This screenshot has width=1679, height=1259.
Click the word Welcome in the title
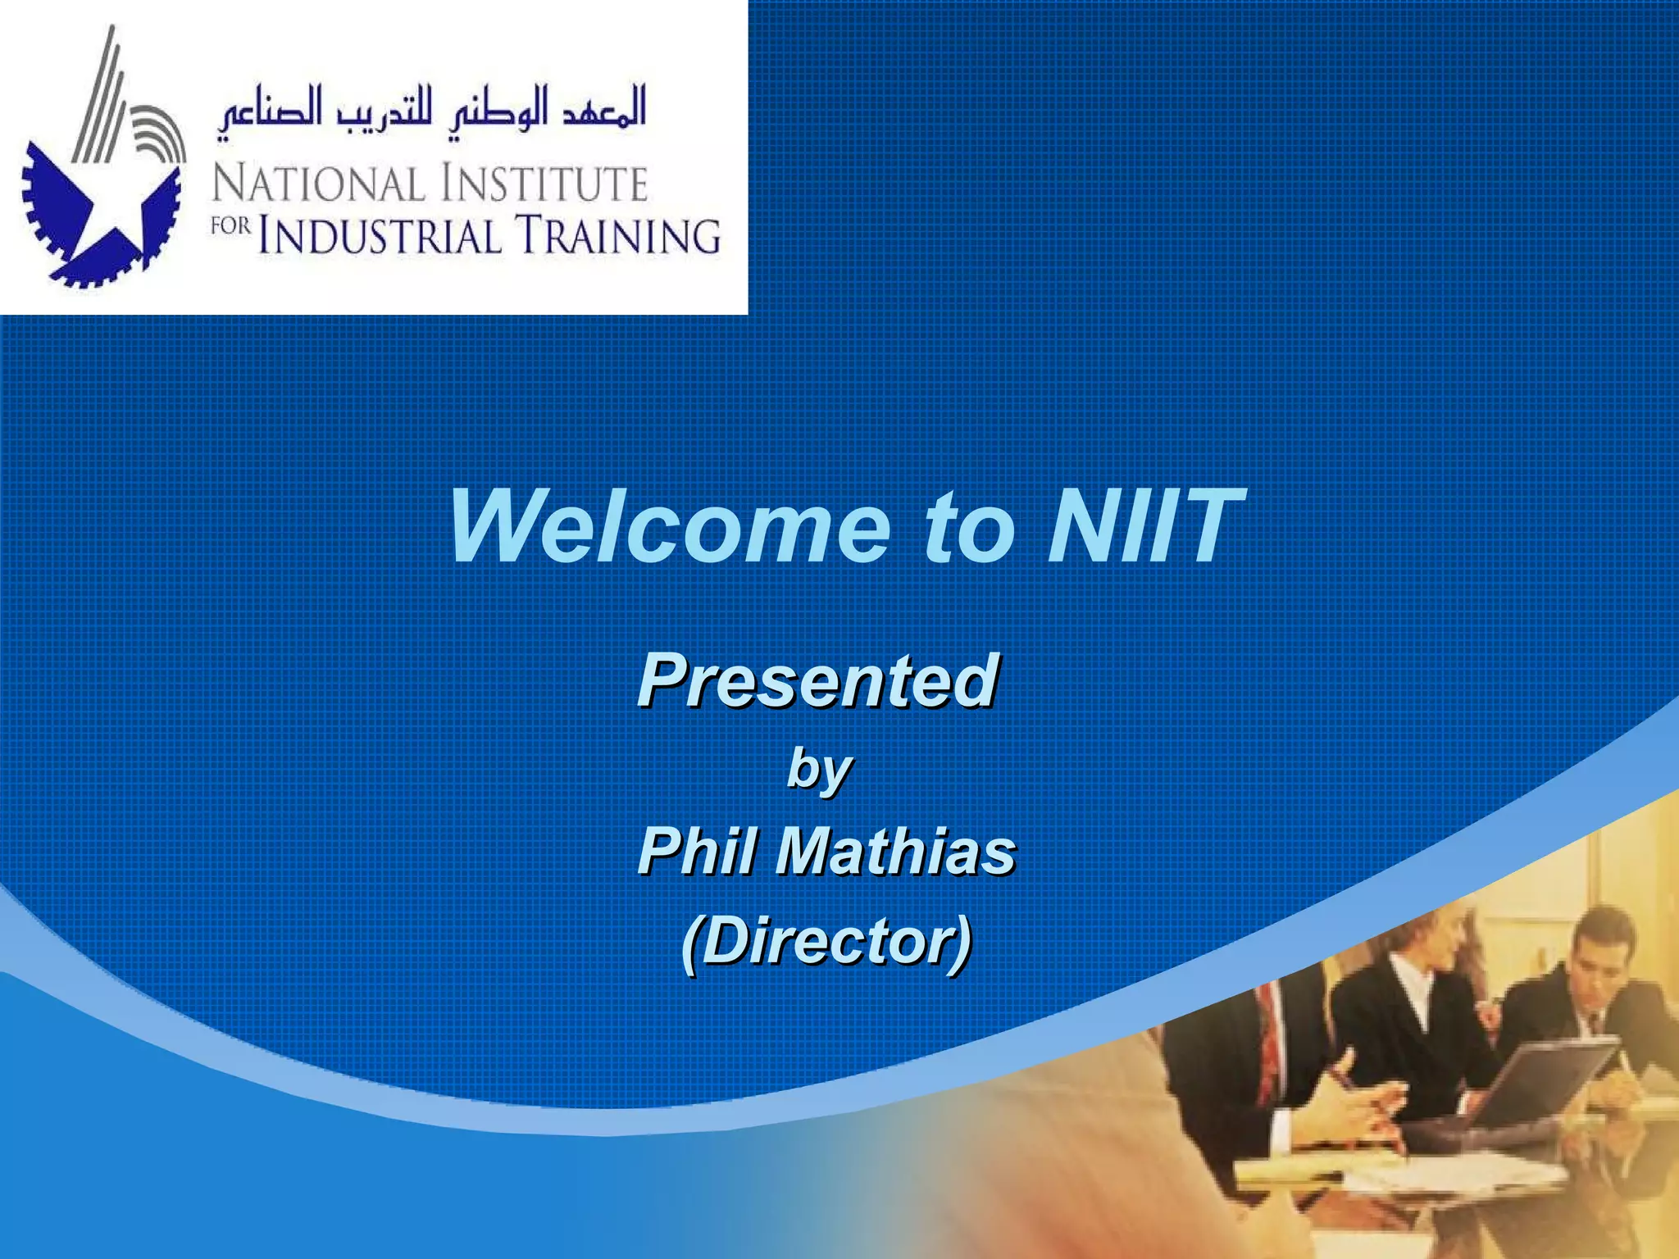(668, 527)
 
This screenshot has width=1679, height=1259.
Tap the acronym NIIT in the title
(1144, 527)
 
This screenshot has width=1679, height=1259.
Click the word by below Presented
(818, 770)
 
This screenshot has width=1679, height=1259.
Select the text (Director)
(826, 941)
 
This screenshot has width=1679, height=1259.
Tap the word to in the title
(967, 527)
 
